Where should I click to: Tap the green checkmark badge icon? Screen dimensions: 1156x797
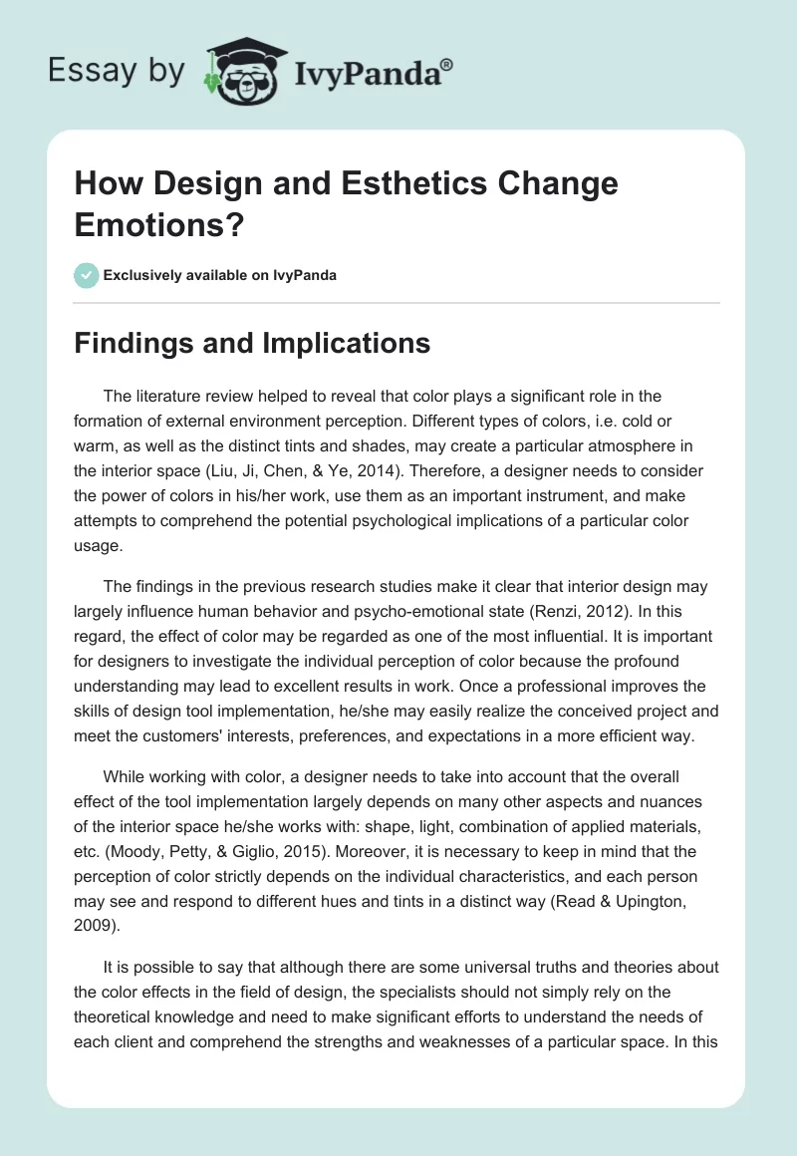pos(88,275)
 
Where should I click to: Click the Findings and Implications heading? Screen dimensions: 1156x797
pos(253,344)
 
